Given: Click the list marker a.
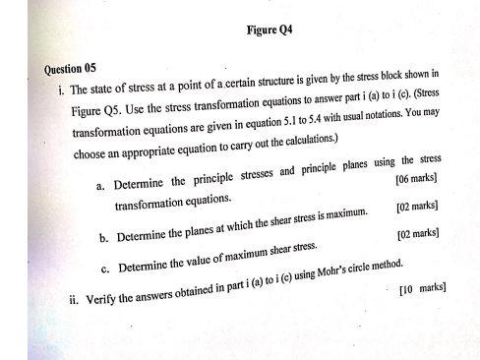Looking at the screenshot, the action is point(100,187).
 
